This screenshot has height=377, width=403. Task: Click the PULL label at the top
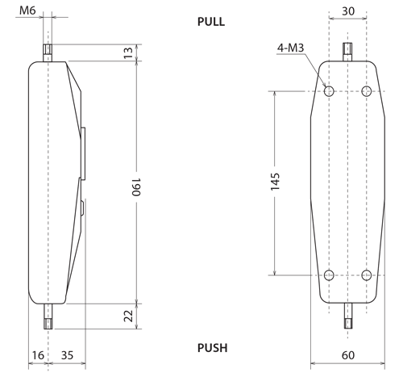coord(211,23)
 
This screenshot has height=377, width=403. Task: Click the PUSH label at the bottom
coord(213,348)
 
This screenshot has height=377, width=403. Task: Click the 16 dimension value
coord(38,354)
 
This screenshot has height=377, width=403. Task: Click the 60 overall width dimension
coord(347,355)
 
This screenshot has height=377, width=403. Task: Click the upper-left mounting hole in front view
coord(329,91)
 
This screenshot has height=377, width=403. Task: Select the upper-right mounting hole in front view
coord(367,91)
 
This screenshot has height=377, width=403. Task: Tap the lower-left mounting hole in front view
coord(329,275)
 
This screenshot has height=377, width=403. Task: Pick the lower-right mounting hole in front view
coord(367,275)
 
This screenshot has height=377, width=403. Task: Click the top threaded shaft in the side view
coord(48,52)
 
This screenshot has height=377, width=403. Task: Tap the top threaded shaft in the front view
coord(348,52)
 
